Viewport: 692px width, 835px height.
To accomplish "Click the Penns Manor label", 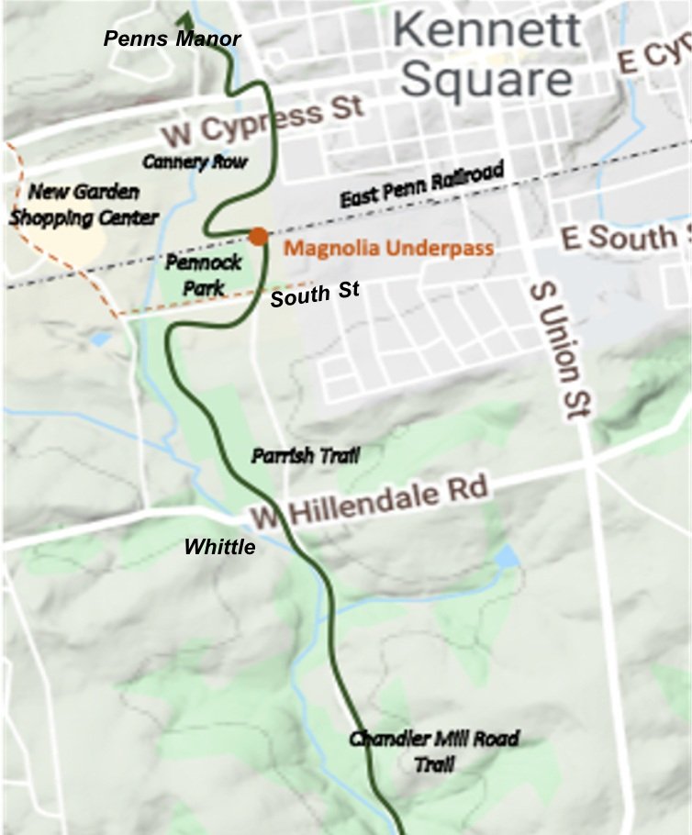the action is [x=172, y=39].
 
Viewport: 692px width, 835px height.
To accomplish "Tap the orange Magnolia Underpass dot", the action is [x=259, y=237].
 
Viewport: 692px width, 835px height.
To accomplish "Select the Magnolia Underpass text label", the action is [x=389, y=248].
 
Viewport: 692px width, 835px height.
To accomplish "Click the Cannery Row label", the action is [x=195, y=161].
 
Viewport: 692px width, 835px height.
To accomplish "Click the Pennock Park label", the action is [x=204, y=274].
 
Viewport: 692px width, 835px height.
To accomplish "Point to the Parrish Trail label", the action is [x=306, y=455].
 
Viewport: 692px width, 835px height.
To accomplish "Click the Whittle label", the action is [x=219, y=547].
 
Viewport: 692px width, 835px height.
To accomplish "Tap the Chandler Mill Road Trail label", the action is [x=434, y=751].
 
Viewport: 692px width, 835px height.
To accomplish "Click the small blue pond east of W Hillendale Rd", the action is [x=506, y=556].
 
